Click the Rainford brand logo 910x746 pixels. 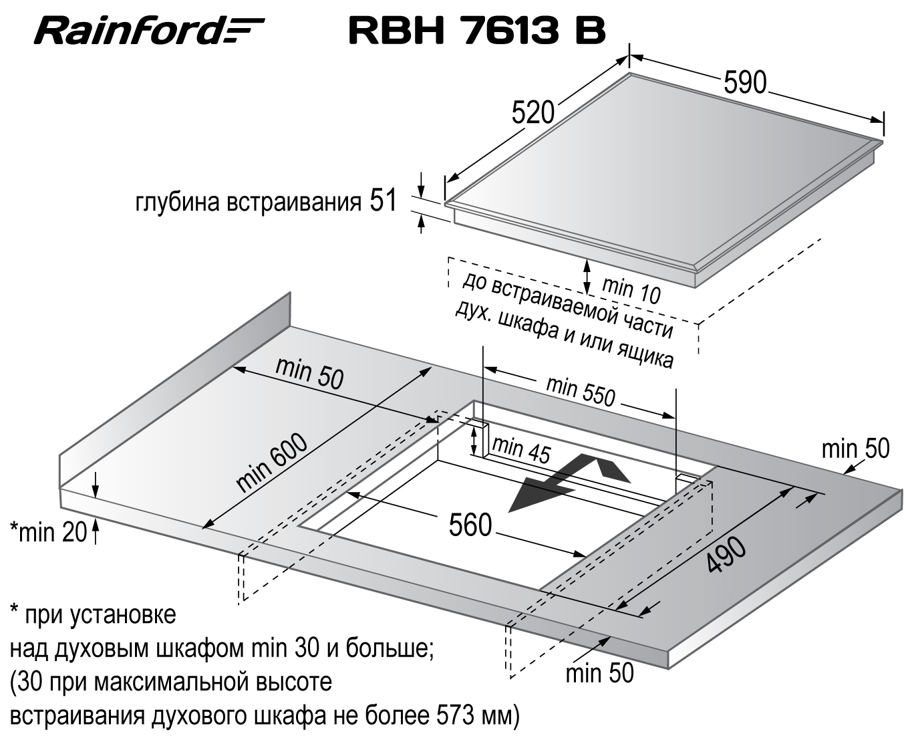tap(149, 30)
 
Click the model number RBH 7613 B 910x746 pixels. tap(477, 30)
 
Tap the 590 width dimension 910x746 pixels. tap(745, 82)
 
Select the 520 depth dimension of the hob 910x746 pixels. tap(533, 113)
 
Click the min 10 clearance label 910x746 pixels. tap(631, 290)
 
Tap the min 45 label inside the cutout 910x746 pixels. tap(521, 451)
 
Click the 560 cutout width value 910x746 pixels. tap(470, 525)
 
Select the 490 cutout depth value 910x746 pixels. tap(727, 555)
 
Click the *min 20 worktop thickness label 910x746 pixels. tap(49, 532)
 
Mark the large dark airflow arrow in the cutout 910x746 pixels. tap(569, 482)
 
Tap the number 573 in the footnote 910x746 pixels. tap(457, 716)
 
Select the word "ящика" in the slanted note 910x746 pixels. tap(644, 356)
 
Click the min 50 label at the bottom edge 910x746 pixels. tap(600, 673)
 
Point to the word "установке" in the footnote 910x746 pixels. tap(122, 614)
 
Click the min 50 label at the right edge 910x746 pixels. tap(856, 449)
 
